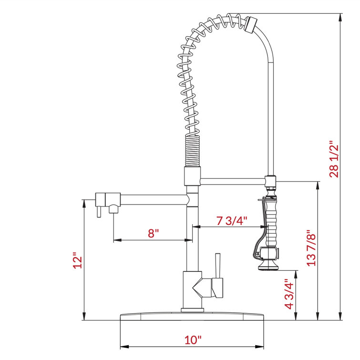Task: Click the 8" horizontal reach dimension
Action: [153, 233]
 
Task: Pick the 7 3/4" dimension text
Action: [232, 221]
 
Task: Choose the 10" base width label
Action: [193, 340]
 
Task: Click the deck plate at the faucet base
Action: [192, 317]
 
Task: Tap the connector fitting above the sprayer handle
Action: [271, 181]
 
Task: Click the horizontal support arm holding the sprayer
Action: [232, 180]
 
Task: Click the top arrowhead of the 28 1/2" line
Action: [340, 17]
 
